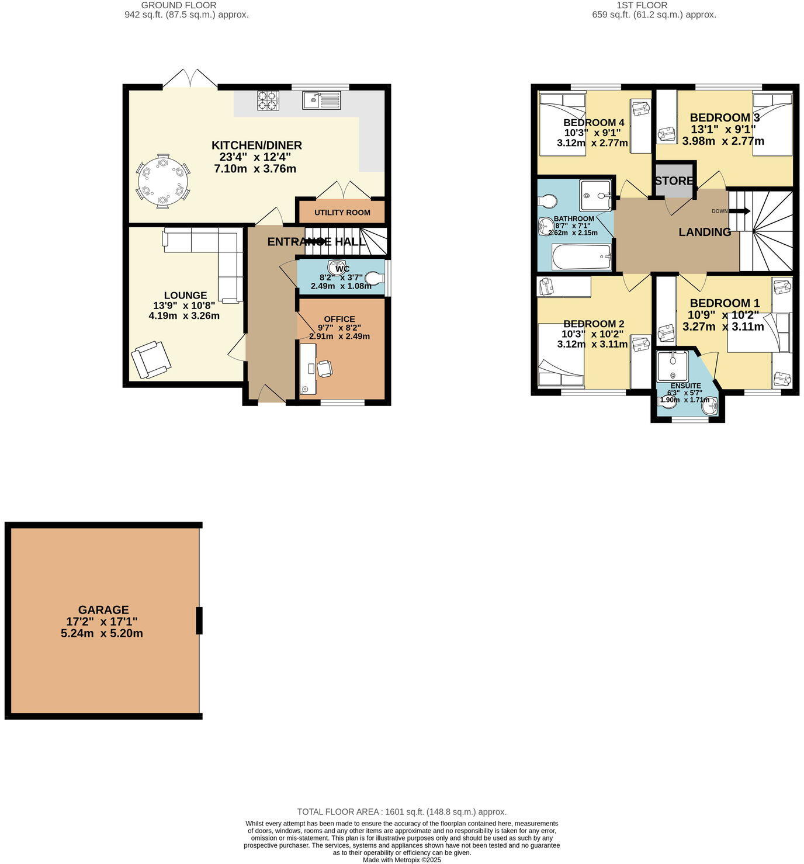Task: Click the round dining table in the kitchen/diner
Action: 163,181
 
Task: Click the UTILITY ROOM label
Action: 342,213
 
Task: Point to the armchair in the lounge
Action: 151,360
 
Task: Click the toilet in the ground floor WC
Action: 374,278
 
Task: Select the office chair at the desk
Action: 324,369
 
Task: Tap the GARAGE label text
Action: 103,609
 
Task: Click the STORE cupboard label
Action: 674,181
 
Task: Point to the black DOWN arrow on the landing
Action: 740,211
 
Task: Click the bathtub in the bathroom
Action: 581,257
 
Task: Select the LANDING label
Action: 705,232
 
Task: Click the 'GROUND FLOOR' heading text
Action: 179,5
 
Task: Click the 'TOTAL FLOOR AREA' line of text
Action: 401,811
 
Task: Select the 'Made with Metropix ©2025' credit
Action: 401,859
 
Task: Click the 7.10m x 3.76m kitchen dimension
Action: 255,169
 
